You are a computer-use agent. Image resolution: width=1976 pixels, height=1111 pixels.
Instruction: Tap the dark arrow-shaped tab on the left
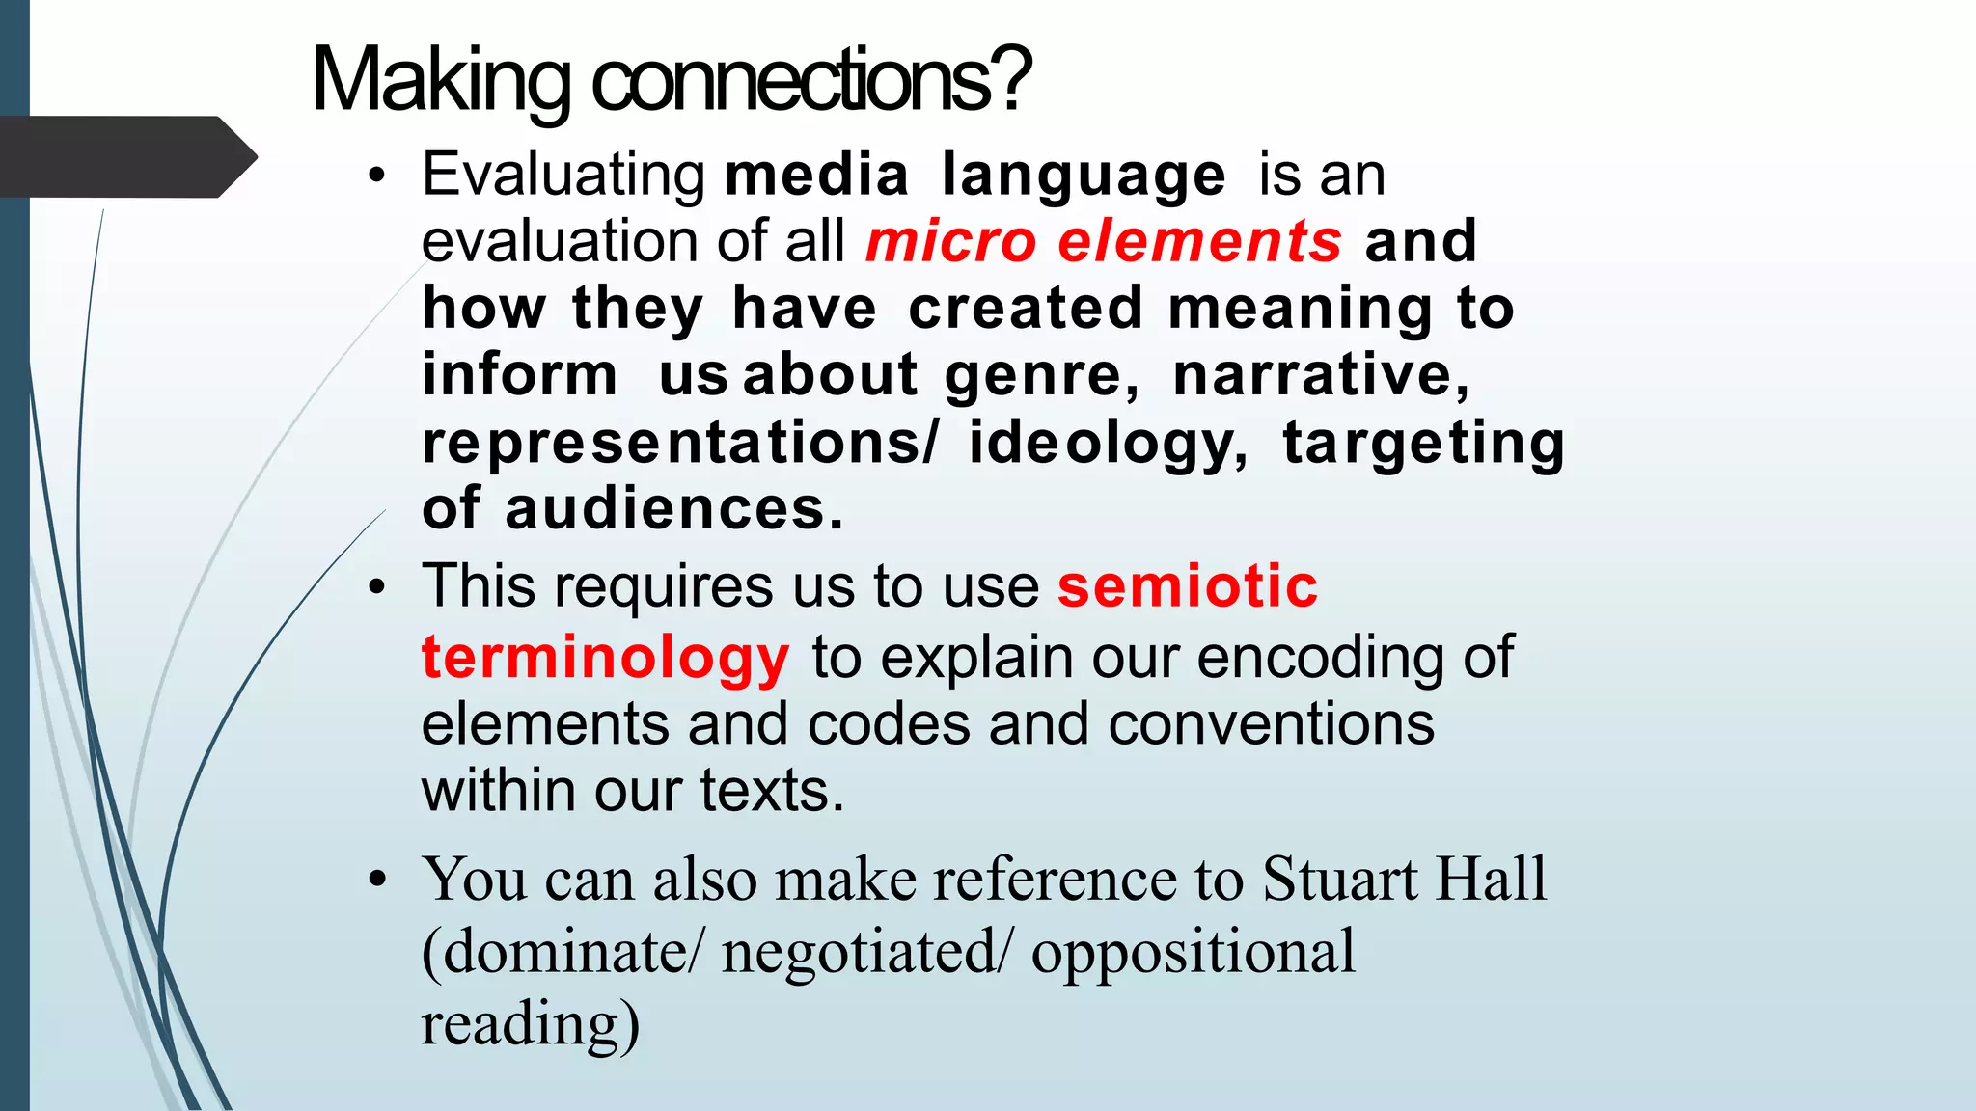pos(125,156)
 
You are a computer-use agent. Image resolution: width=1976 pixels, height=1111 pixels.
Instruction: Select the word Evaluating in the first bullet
pos(563,176)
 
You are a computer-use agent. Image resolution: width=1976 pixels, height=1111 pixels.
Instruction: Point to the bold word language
pos(1084,176)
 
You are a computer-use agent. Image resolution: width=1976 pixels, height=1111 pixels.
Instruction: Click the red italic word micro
pos(950,241)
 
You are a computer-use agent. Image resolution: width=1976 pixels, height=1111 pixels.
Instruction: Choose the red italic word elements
pos(1199,241)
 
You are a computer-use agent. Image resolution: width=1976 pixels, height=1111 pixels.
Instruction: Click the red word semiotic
pos(1188,586)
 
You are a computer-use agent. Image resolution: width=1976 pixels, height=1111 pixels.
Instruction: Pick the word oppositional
pos(1193,952)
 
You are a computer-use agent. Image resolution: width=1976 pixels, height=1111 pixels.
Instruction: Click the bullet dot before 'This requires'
pos(377,587)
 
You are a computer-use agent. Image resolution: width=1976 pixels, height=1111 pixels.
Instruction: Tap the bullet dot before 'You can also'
pos(377,880)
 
